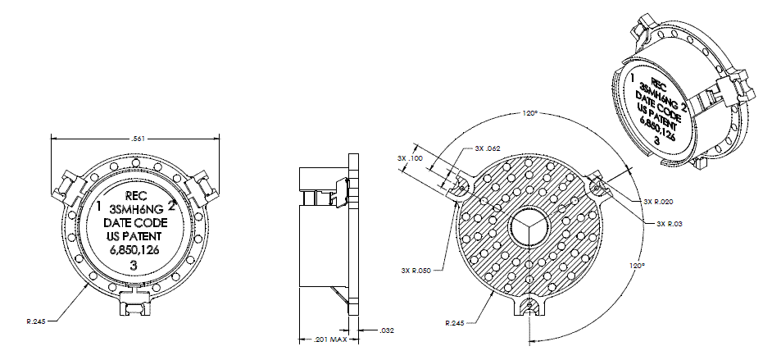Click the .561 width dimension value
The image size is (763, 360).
pyautogui.click(x=136, y=139)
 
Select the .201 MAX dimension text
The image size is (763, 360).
pyautogui.click(x=329, y=339)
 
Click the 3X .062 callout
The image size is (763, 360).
pyautogui.click(x=488, y=148)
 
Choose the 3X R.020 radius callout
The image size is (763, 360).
pyautogui.click(x=658, y=201)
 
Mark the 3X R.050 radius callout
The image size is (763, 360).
pyautogui.click(x=416, y=270)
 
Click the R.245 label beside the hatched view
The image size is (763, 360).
pyautogui.click(x=456, y=322)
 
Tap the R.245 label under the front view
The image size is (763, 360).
pyautogui.click(x=37, y=321)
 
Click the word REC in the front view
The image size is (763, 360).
pyautogui.click(x=134, y=196)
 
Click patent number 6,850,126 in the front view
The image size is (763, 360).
pyautogui.click(x=134, y=250)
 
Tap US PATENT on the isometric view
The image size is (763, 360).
pyautogui.click(x=660, y=121)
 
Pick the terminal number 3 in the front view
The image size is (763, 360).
pyautogui.click(x=134, y=266)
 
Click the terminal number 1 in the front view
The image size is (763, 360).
pyautogui.click(x=99, y=207)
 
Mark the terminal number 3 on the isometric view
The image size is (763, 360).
pyautogui.click(x=656, y=141)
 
